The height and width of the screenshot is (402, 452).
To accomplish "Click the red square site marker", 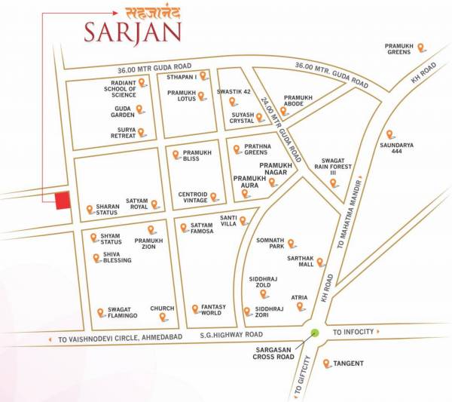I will (63, 201).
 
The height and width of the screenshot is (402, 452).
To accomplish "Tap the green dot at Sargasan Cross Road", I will (315, 333).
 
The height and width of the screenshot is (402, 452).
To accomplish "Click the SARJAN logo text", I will (133, 32).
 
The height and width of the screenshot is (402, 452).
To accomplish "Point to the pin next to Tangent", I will (326, 364).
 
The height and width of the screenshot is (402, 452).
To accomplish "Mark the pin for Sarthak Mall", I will (320, 262).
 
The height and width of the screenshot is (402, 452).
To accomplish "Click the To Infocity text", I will (355, 332).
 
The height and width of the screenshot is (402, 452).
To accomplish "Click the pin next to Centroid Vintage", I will (213, 197).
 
